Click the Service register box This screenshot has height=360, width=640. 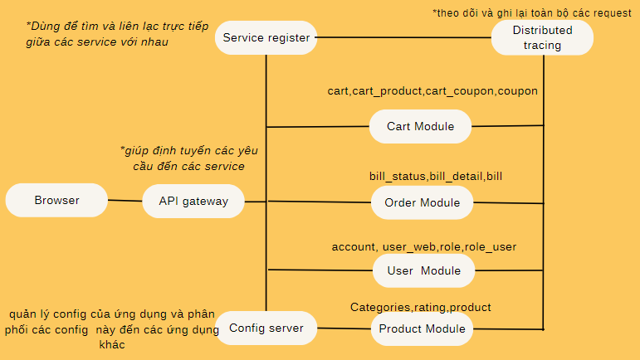click(x=266, y=37)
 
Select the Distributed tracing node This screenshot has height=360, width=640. click(x=542, y=37)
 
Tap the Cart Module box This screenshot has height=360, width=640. click(x=421, y=127)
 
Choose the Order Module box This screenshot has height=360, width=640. click(x=422, y=202)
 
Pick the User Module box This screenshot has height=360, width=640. click(x=423, y=270)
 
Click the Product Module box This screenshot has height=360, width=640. click(x=422, y=329)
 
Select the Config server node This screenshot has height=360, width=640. click(x=266, y=328)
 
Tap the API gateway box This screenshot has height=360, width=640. click(x=193, y=201)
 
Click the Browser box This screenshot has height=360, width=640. click(x=56, y=200)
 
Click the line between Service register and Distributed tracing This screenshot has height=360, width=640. click(x=403, y=37)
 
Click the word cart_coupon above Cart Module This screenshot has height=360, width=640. click(x=460, y=90)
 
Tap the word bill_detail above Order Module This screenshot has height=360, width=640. click(x=457, y=176)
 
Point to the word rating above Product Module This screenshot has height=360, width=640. click(x=431, y=307)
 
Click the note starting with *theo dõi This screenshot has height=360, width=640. click(x=531, y=13)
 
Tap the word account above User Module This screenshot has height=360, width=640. click(x=354, y=246)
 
